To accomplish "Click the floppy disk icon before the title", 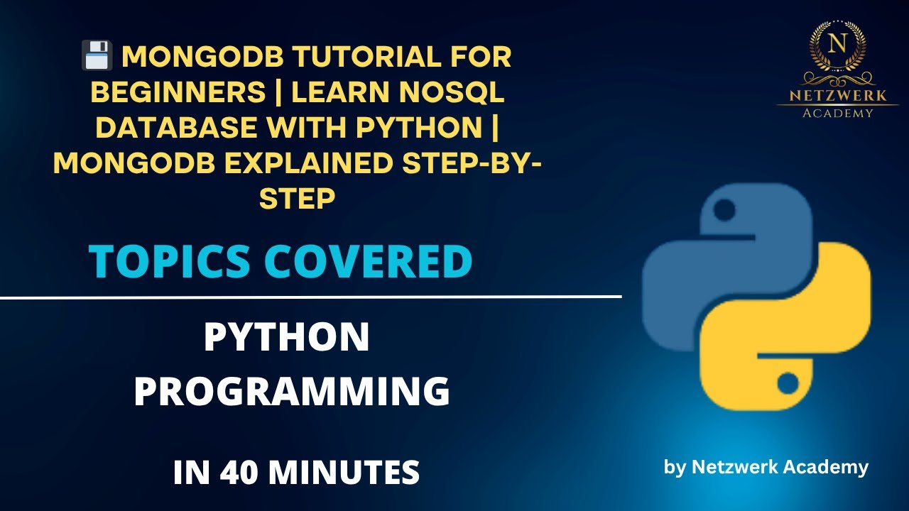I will click(x=97, y=55).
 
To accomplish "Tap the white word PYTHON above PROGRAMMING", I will click(x=286, y=338).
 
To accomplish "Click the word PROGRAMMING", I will click(x=292, y=392).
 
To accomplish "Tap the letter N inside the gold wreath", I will click(x=838, y=43).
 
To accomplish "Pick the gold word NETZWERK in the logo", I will click(x=838, y=94).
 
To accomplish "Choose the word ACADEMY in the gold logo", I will click(x=838, y=112).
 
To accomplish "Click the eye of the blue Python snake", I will click(x=724, y=211).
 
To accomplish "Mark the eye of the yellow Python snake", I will click(x=788, y=384).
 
